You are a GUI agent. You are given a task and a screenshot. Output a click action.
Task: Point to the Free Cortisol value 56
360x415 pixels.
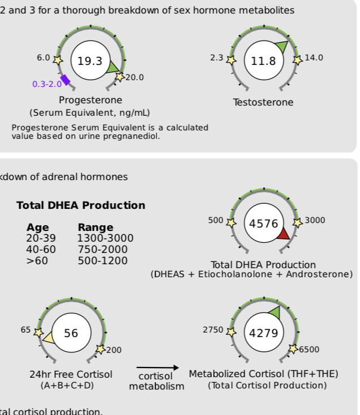point(71,334)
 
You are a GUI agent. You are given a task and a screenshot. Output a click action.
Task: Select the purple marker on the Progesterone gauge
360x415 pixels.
point(66,80)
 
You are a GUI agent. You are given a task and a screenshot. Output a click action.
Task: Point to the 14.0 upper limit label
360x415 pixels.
point(313,57)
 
